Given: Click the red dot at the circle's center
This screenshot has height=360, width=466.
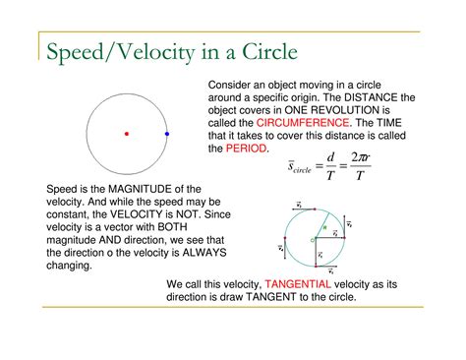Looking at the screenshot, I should tap(126, 133).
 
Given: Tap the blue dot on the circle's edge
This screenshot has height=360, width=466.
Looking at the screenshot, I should tap(167, 133).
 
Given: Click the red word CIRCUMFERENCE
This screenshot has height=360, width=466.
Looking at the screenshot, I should tap(302, 123).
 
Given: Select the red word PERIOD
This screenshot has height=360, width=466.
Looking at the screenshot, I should tap(246, 149).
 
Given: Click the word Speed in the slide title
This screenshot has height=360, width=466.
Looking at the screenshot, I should tap(75, 50).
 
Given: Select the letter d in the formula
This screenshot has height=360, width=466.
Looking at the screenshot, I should tap(330, 157).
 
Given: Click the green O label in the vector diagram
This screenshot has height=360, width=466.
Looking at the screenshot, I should tap(311, 239).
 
